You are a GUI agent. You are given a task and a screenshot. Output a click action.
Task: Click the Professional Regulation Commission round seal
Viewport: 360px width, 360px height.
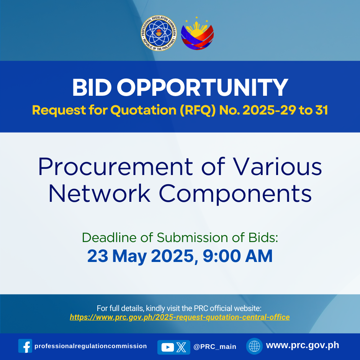click(x=159, y=33)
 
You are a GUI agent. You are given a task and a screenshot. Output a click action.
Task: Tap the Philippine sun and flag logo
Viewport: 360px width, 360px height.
click(x=197, y=34)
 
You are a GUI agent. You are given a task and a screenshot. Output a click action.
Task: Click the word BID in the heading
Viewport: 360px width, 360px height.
click(x=92, y=87)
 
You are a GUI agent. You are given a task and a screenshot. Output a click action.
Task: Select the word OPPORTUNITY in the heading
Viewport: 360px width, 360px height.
click(x=203, y=87)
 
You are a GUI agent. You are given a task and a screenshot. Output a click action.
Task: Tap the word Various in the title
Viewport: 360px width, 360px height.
click(x=277, y=167)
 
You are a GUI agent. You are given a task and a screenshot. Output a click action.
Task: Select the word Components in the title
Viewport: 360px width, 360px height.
click(x=235, y=194)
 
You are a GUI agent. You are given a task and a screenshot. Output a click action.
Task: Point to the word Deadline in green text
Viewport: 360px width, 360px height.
click(x=110, y=237)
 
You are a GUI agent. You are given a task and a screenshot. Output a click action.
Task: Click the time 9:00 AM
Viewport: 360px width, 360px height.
click(x=237, y=256)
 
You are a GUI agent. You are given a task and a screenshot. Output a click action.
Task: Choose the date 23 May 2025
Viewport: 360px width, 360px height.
click(x=141, y=256)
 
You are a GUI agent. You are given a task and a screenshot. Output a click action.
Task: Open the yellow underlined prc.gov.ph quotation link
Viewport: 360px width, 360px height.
click(x=180, y=317)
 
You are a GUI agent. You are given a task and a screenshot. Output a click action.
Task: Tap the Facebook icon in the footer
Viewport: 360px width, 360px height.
click(x=25, y=346)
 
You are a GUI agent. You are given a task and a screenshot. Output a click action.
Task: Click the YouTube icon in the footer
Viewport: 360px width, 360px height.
click(x=167, y=347)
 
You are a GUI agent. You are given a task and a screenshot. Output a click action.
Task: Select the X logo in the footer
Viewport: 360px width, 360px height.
click(x=181, y=347)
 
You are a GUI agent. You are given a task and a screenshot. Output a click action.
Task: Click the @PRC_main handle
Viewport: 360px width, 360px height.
click(x=215, y=347)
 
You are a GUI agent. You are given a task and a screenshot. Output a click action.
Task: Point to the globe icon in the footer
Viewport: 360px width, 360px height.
click(x=254, y=346)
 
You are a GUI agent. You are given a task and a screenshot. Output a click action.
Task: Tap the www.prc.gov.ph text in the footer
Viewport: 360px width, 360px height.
click(x=303, y=345)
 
